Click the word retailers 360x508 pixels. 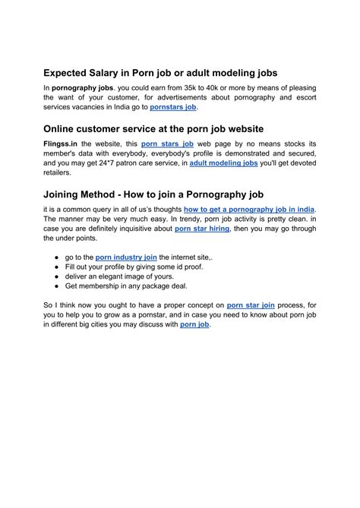click(x=62, y=172)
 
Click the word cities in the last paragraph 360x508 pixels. click(x=116, y=325)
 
